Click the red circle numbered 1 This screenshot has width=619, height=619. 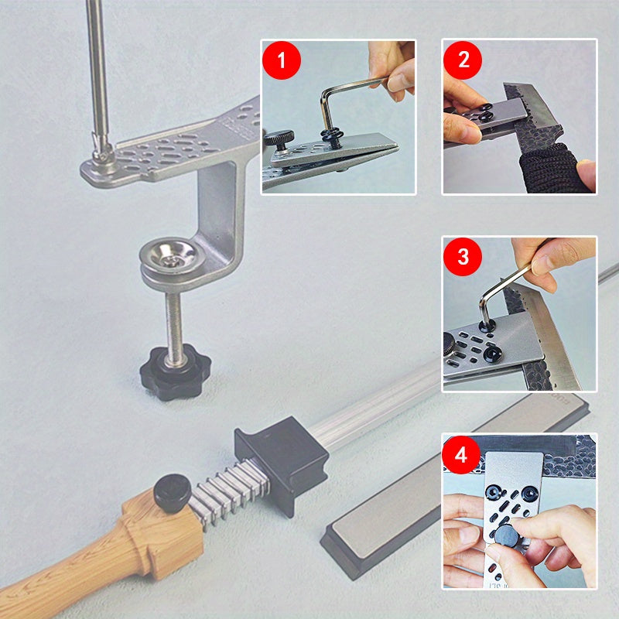click(282, 60)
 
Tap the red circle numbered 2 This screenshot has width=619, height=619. click(463, 60)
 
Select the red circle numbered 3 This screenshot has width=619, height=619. click(463, 257)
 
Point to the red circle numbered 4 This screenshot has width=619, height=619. click(463, 454)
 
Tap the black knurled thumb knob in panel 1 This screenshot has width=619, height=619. click(279, 140)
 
